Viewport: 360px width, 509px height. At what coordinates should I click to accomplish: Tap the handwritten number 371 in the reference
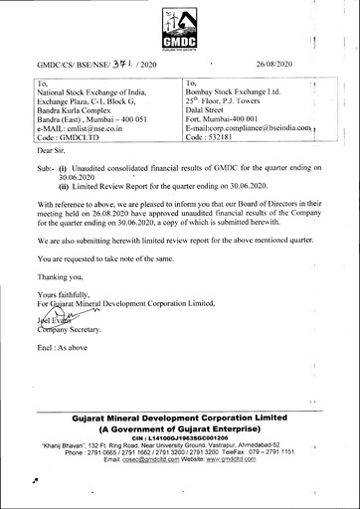coord(117,63)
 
